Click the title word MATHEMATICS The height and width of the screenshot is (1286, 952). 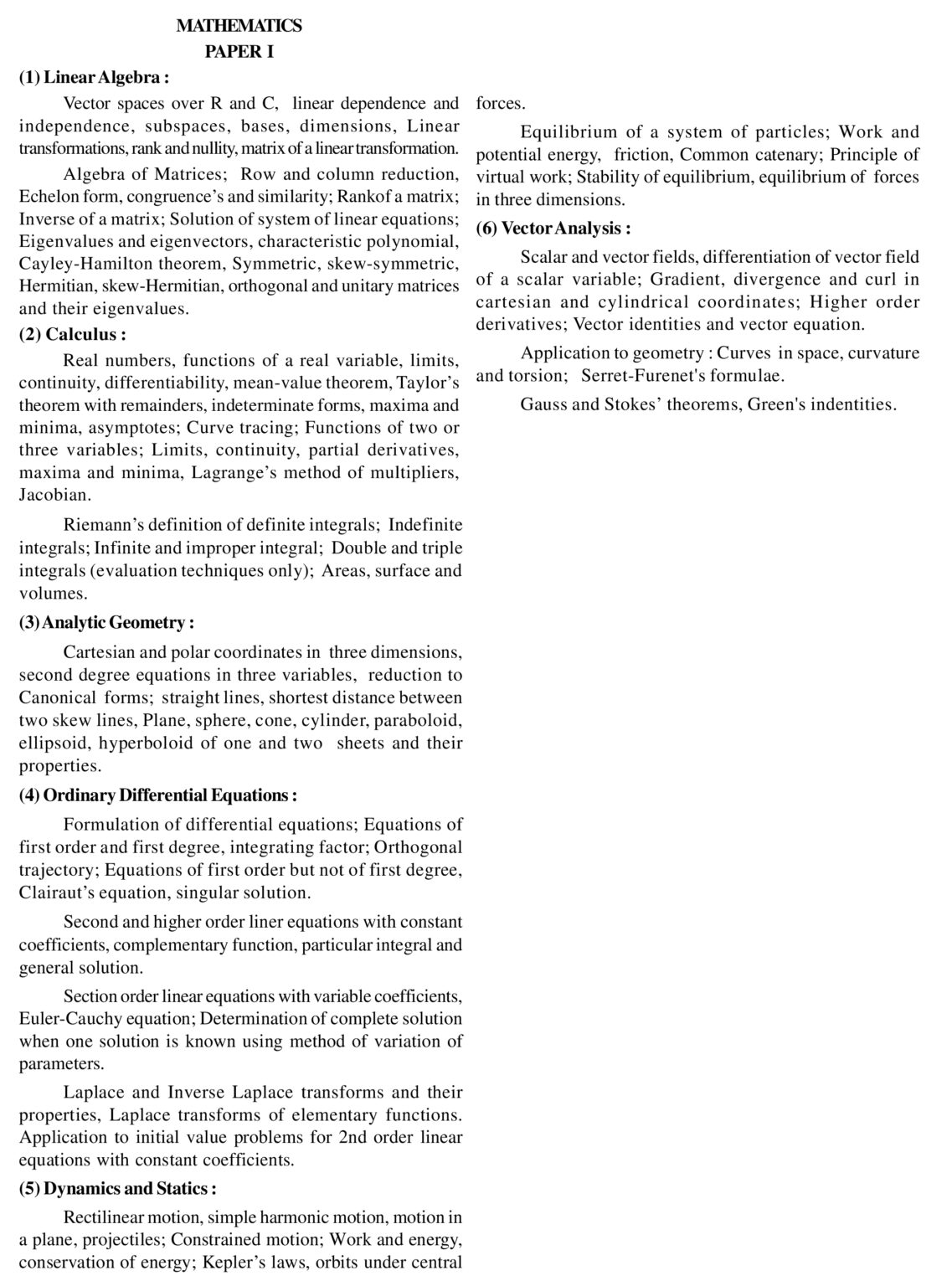[x=239, y=26]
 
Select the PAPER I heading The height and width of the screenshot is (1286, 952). [x=239, y=52]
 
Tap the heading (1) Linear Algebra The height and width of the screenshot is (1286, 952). [x=94, y=78]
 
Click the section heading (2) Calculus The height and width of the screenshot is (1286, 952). [x=73, y=334]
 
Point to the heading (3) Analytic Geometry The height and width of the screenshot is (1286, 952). [x=106, y=622]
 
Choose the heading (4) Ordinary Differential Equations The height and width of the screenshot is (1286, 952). [x=157, y=795]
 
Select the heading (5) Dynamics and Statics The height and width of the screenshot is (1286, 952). [x=117, y=1188]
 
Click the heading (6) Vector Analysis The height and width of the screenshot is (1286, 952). [x=553, y=228]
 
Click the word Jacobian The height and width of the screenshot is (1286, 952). [x=55, y=495]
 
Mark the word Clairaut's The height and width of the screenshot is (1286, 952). [x=57, y=892]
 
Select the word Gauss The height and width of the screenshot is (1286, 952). [x=545, y=404]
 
